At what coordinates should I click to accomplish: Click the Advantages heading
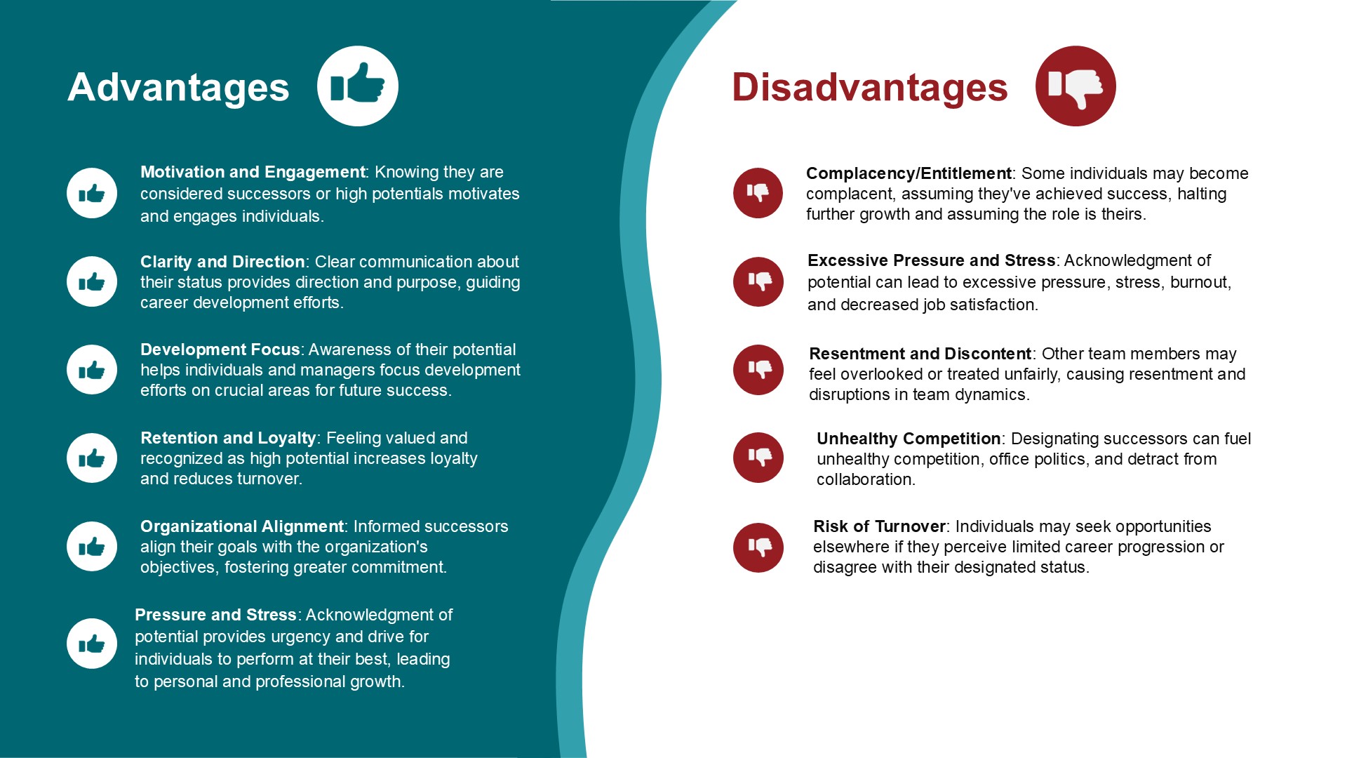point(178,88)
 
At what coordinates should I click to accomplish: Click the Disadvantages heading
point(869,88)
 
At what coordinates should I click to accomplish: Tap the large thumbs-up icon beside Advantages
point(358,86)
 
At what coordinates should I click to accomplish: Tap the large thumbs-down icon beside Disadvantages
point(1075,86)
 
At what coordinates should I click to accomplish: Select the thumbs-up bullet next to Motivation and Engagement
point(92,193)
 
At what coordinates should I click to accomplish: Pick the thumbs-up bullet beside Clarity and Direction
point(92,281)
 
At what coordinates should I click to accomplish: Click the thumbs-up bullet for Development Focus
point(92,370)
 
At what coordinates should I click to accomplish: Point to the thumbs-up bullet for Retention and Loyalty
point(92,458)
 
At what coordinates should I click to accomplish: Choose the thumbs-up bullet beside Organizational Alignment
point(92,547)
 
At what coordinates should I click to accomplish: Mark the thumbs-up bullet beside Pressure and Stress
point(92,644)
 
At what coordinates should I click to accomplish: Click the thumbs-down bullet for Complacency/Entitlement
point(758,193)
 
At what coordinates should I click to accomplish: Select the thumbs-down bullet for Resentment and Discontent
point(758,370)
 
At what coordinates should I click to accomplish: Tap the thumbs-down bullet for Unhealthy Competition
point(758,458)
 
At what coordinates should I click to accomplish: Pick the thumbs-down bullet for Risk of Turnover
point(758,547)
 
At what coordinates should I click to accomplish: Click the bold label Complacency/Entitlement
point(909,174)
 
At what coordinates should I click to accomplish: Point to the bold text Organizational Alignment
point(242,526)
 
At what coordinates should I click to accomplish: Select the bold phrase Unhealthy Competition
point(909,439)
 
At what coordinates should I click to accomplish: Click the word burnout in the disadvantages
point(1199,283)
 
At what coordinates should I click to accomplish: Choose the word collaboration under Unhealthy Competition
point(864,480)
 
